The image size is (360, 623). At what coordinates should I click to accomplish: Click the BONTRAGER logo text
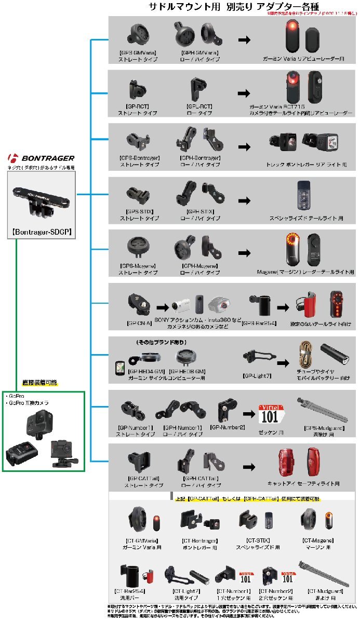point(48,158)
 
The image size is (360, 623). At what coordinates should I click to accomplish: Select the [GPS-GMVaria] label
point(138,53)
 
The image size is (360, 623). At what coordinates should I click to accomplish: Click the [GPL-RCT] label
point(199,106)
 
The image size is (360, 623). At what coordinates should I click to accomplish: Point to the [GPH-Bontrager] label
point(201,158)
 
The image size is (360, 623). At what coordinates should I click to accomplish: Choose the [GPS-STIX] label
point(138,212)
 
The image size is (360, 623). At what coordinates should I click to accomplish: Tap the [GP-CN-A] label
point(139,322)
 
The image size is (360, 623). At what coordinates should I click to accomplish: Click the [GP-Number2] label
point(228,427)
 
